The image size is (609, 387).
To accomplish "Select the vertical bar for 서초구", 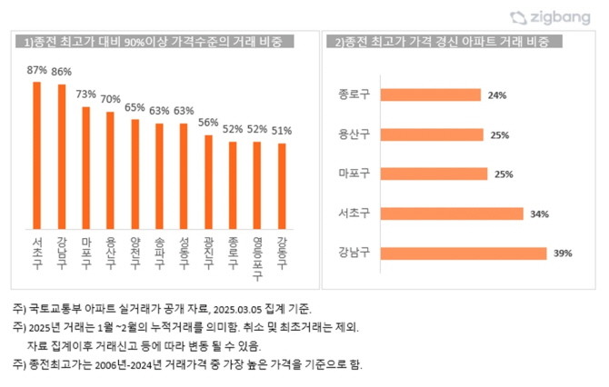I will pos(37,154).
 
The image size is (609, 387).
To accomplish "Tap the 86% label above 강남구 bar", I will pos(62,71).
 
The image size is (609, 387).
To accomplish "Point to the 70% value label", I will pos(111,99).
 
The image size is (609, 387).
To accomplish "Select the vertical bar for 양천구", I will pos(135,173).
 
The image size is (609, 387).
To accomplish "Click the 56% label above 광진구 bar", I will pos(208,122).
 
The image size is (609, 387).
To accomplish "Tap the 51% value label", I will pos(282,130).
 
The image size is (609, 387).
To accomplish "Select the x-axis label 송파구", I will pos(159,246).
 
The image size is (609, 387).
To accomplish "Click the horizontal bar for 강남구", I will pos(464,253).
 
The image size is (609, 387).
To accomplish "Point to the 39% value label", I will pos(563,253).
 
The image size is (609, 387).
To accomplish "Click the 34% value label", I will pos(540,213).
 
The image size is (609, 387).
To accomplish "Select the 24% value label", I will pos(496,94).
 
